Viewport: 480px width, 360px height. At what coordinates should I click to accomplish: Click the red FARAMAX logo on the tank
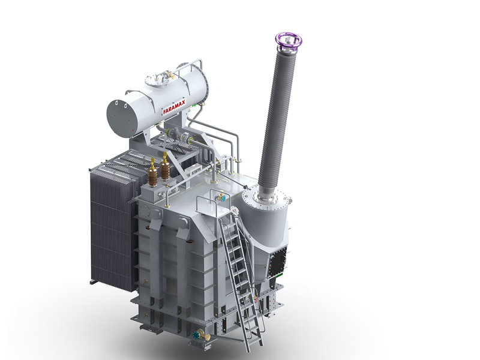coord(174,107)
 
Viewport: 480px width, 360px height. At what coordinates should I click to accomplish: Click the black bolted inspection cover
coord(278,262)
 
